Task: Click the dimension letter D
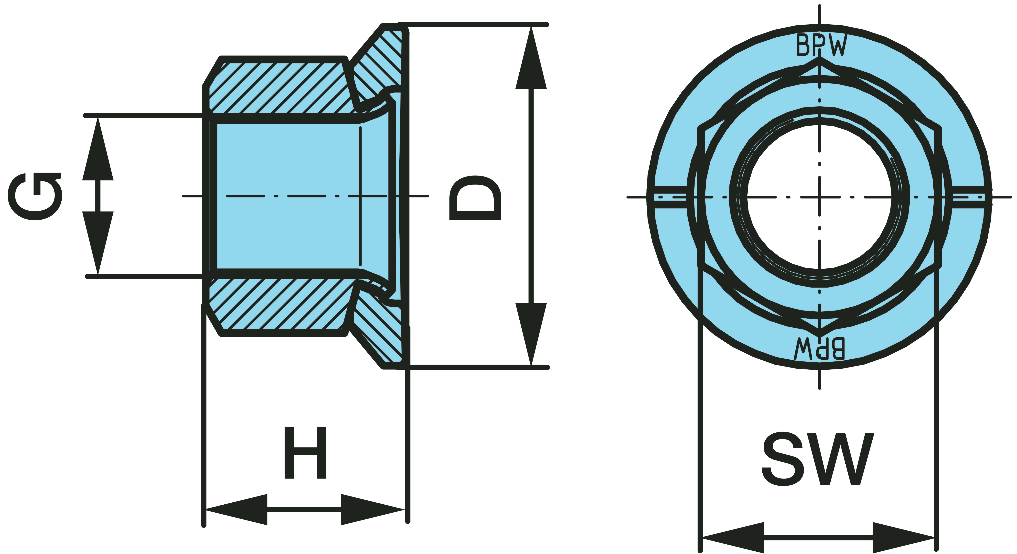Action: (475, 197)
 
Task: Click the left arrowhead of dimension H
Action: (237, 509)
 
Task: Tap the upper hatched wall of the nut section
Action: (276, 87)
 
